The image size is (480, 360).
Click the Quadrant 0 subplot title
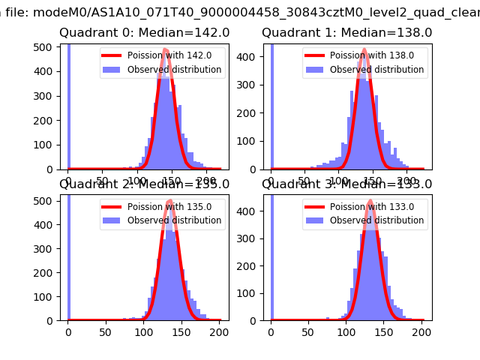145,33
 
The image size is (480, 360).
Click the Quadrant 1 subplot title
346,33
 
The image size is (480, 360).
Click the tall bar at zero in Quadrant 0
69,105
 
